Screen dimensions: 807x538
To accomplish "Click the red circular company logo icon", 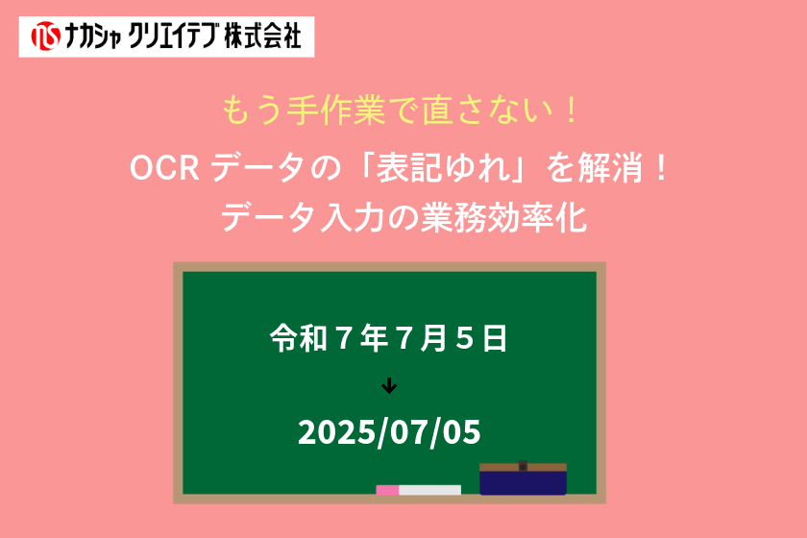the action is coord(45,37).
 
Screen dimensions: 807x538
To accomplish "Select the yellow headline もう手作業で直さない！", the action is coord(401,110).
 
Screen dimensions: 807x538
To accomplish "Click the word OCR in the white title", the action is coord(164,168).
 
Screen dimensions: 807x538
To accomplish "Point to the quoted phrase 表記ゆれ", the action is coord(443,168).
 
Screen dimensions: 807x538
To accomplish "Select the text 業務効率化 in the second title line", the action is coord(503,217).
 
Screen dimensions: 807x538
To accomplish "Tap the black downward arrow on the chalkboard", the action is coord(389,385).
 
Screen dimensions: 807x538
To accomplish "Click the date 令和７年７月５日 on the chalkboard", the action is coord(388,338).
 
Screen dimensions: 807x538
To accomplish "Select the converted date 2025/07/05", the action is coord(389,432).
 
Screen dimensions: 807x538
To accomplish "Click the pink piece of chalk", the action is coord(387,490).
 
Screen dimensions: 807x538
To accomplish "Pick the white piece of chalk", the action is coord(429,490).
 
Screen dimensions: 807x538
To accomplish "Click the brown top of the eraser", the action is coord(523,467).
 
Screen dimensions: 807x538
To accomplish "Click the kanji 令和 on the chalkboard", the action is coord(299,338).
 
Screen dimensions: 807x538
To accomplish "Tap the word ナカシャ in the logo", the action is coord(93,37).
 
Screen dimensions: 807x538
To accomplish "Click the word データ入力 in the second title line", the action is coord(302,217).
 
